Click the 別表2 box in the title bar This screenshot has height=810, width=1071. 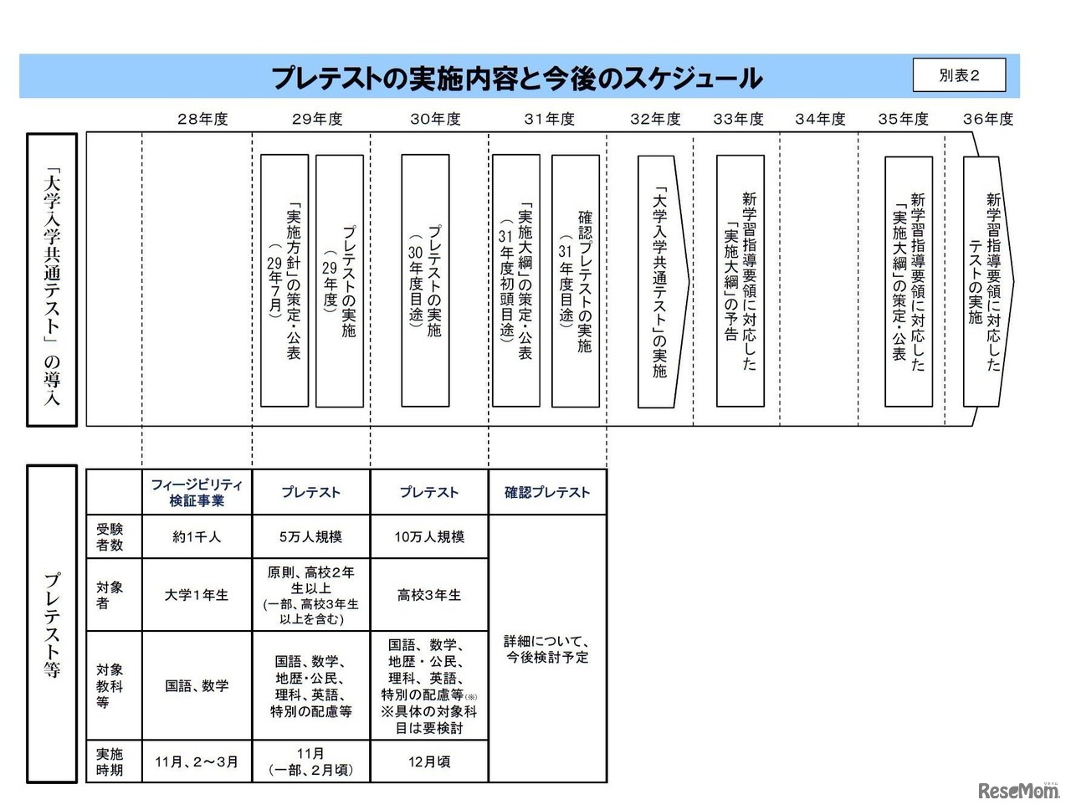pos(959,75)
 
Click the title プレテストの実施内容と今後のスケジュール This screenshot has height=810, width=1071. pos(516,78)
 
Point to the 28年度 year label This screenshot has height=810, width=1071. pos(202,119)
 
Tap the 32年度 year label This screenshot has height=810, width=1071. pos(655,119)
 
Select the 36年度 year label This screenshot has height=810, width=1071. pos(987,119)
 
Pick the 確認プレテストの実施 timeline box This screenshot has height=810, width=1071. pos(576,280)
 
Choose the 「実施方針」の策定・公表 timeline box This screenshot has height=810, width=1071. pos(284,280)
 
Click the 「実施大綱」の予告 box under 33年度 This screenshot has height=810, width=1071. pos(740,280)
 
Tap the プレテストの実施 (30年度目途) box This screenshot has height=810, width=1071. pos(425,280)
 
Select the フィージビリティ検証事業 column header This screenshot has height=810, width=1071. pos(197,492)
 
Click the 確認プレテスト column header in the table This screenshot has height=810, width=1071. pos(547,492)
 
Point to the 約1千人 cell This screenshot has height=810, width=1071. pos(197,537)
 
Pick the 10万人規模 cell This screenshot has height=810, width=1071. pos(428,537)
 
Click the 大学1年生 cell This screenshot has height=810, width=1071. pos(197,595)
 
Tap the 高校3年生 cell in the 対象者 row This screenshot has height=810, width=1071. pos(428,595)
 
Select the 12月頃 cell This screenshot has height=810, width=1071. pos(428,761)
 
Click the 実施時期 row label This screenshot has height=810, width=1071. pos(110,761)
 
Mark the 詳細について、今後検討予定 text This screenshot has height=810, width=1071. pos(547,649)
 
